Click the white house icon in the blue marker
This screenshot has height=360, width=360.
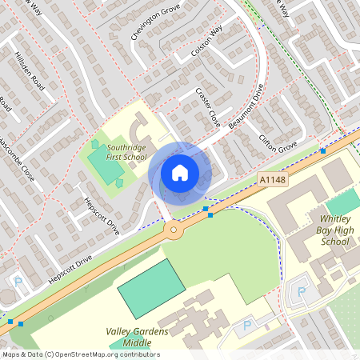tap(180, 172)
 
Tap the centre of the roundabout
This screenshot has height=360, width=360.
tap(173, 230)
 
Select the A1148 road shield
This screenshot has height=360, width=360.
tap(272, 182)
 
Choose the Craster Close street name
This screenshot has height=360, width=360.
tap(207, 108)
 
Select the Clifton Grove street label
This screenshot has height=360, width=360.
tap(278, 144)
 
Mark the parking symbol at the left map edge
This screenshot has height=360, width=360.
tap(18, 282)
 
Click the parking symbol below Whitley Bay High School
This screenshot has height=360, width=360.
tap(301, 292)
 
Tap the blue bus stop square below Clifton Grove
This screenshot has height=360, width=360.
tap(323, 150)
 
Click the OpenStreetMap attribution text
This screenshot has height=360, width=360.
tap(81, 354)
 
